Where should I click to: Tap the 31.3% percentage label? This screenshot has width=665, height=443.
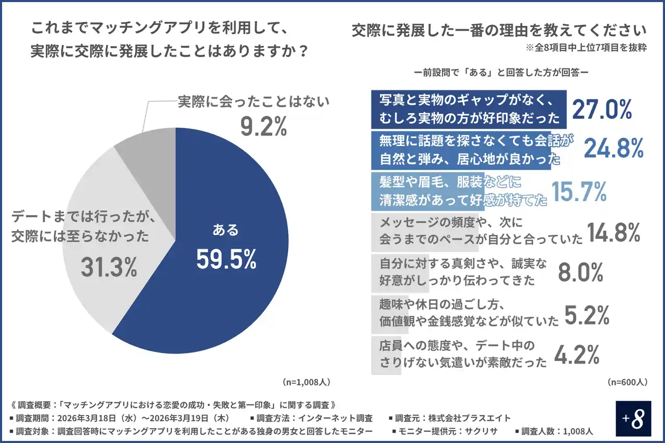coord(109,267)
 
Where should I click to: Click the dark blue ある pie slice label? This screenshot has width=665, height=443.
coord(226,230)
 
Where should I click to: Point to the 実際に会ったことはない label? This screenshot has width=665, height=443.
coord(254,101)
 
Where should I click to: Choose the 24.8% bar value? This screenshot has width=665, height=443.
coord(614,149)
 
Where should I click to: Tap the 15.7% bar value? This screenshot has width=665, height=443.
coord(578,192)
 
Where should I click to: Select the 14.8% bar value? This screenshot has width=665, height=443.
coord(613,233)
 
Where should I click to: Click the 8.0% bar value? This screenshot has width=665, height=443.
coord(580,272)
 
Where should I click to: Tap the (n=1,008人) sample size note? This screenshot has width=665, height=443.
coord(306,382)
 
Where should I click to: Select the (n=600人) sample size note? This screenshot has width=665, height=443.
coord(627,382)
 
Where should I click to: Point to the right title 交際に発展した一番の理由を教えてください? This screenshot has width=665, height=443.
coord(499,30)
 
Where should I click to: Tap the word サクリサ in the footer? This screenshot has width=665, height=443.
coord(483,431)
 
